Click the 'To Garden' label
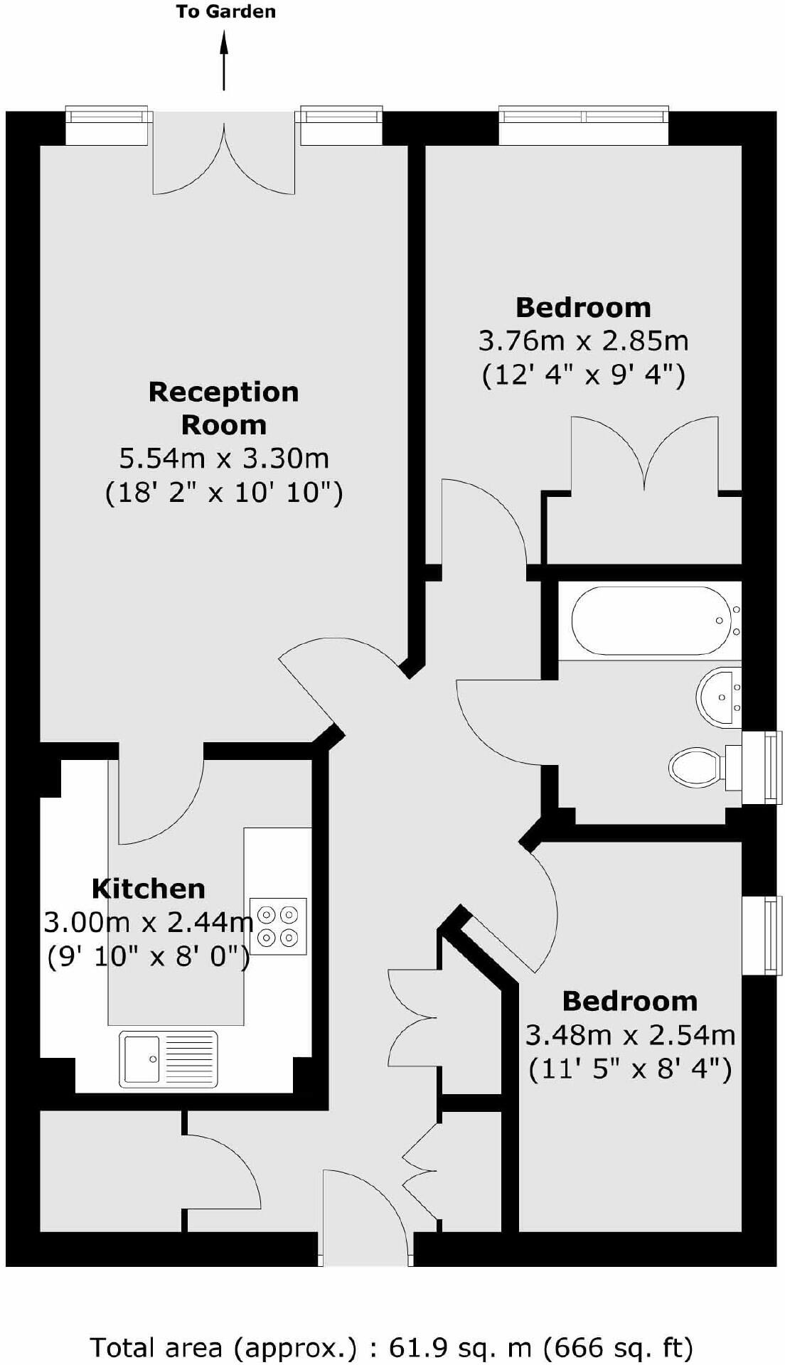click(225, 12)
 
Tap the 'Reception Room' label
click(224, 408)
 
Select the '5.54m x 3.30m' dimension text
click(224, 459)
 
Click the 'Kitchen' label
click(149, 889)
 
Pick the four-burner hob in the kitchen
click(278, 926)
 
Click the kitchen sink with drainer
click(169, 1059)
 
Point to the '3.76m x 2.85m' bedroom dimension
click(583, 341)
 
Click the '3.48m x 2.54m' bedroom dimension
click(630, 1035)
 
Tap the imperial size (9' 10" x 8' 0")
click(149, 956)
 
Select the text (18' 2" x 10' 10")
click(224, 492)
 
